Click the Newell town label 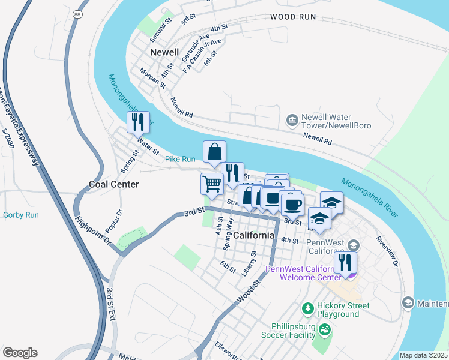point(165,52)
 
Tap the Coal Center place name point(114,184)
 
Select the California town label point(254,235)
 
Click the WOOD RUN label point(292,17)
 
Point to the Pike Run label point(180,159)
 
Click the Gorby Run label point(21,215)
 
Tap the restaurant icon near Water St point(139,122)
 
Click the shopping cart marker point(211,184)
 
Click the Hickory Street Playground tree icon point(307,308)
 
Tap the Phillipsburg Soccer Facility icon point(325,329)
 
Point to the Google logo point(20,353)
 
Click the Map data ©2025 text point(423,355)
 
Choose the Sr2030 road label point(8,138)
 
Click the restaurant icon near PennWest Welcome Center point(345,263)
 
